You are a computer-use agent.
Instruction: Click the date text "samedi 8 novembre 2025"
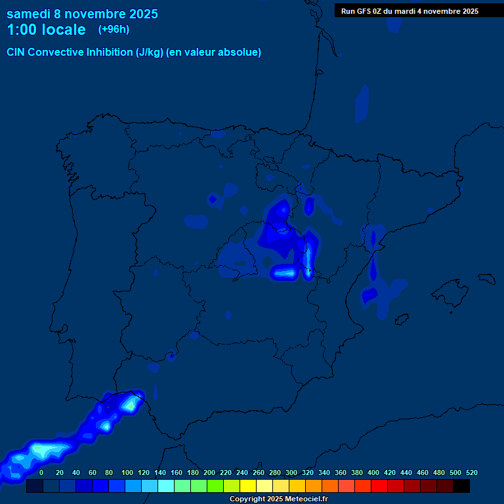point(82,14)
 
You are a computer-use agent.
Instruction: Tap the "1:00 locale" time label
point(46,30)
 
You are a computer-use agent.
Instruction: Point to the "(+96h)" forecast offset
point(114,30)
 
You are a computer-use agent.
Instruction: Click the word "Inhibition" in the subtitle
point(109,52)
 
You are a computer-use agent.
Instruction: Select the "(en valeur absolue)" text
point(214,52)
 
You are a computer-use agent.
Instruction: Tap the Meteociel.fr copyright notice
point(278,499)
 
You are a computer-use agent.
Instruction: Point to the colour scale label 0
point(41,472)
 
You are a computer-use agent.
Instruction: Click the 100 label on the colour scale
point(127,472)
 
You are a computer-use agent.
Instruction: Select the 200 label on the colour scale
point(209,472)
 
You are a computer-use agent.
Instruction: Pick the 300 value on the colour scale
point(291,472)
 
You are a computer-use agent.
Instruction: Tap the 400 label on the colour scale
point(373,472)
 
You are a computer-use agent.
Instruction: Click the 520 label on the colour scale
point(472,472)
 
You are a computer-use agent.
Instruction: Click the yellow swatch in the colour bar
point(248,486)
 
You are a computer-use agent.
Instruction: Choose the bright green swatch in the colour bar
point(215,486)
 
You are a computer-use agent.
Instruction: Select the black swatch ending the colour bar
point(461,486)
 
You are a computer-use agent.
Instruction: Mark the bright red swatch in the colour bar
point(379,486)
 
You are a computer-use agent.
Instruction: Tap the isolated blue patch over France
point(362,103)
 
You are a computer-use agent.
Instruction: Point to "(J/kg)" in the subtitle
point(150,52)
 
